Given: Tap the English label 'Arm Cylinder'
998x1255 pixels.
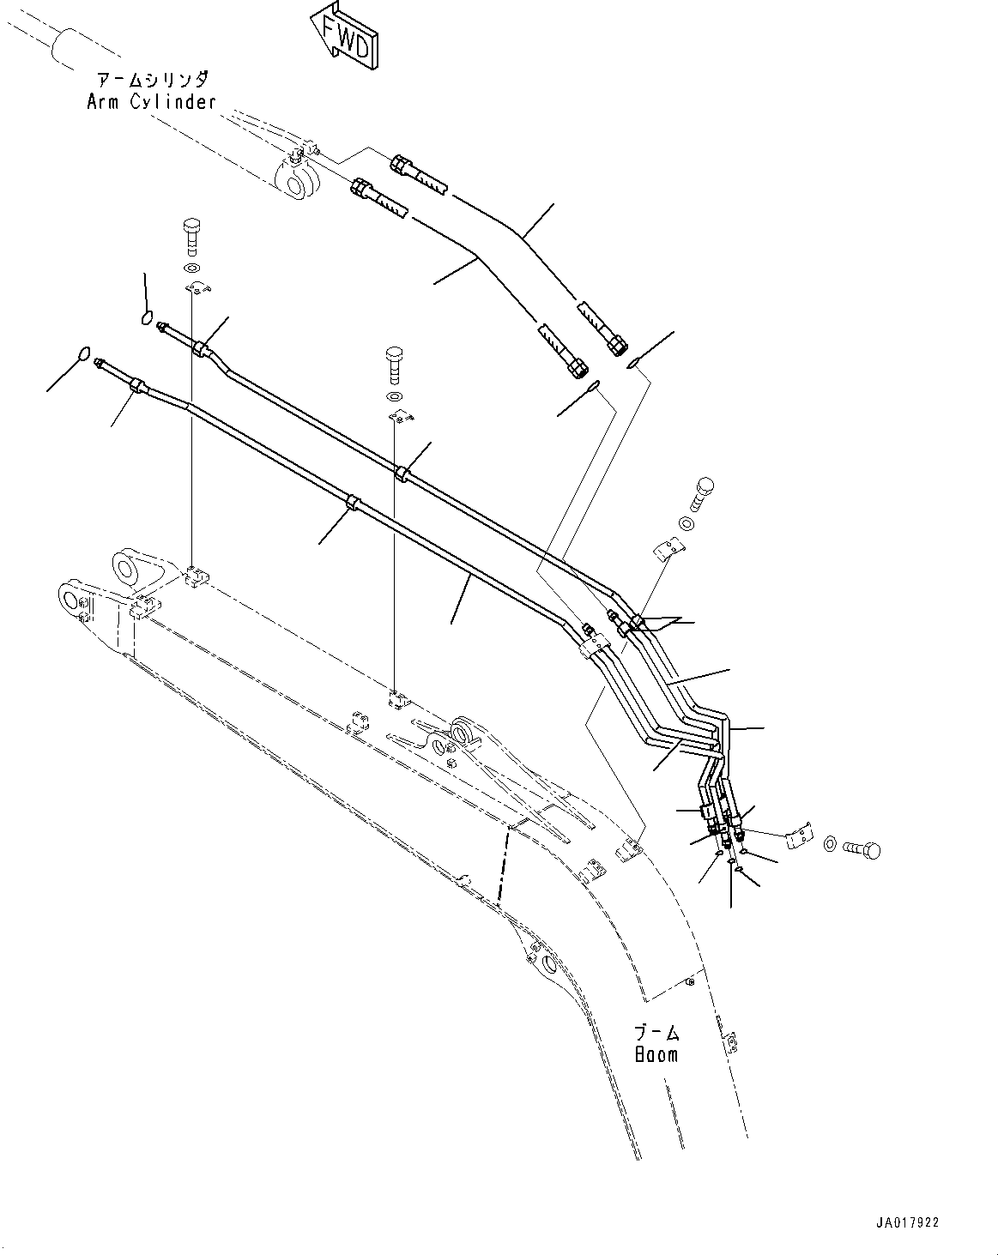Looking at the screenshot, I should (151, 102).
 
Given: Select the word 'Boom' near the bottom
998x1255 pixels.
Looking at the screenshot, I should (656, 1054).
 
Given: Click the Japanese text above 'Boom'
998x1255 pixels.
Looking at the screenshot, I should (656, 1032).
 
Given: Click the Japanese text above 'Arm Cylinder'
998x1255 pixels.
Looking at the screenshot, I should (151, 80).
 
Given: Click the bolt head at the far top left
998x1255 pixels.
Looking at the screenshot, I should (191, 232).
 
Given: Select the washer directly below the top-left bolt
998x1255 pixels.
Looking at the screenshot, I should (191, 269).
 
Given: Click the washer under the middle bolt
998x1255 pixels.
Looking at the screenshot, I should (395, 396).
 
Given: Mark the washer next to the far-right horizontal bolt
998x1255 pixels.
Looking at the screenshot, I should (831, 845).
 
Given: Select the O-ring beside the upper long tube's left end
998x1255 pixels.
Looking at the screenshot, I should (147, 320).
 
